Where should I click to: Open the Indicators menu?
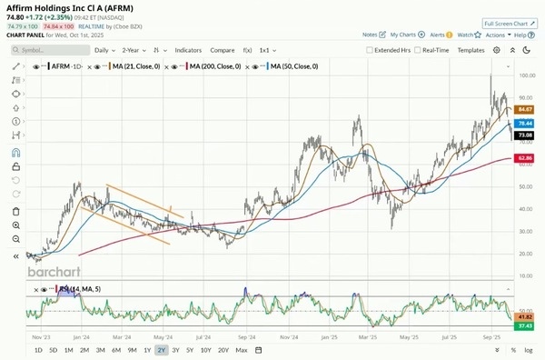pyautogui.click(x=188, y=50)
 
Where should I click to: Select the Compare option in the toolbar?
pyautogui.click(x=223, y=50)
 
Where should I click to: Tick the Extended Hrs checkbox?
pyautogui.click(x=370, y=50)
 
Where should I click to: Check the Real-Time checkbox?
pyautogui.click(x=418, y=50)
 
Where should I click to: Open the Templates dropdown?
pyautogui.click(x=472, y=50)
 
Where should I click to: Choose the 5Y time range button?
pyautogui.click(x=189, y=350)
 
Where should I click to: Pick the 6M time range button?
pyautogui.click(x=115, y=350)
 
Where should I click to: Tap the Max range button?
pyautogui.click(x=241, y=350)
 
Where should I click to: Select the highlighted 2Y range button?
pyautogui.click(x=161, y=350)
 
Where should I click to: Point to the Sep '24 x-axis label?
pyautogui.click(x=243, y=335)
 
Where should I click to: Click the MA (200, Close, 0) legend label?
pyautogui.click(x=213, y=66)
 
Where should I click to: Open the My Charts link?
pyautogui.click(x=405, y=35)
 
